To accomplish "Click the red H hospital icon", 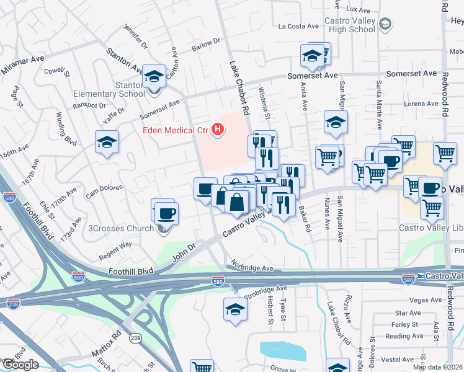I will (218, 130).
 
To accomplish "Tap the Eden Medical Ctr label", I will (176, 130).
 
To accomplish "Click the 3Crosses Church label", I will (121, 228).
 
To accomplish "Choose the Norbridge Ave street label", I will (252, 268).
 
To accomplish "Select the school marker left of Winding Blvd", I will (107, 142).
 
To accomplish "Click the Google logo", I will (20, 365).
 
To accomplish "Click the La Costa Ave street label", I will (298, 26).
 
